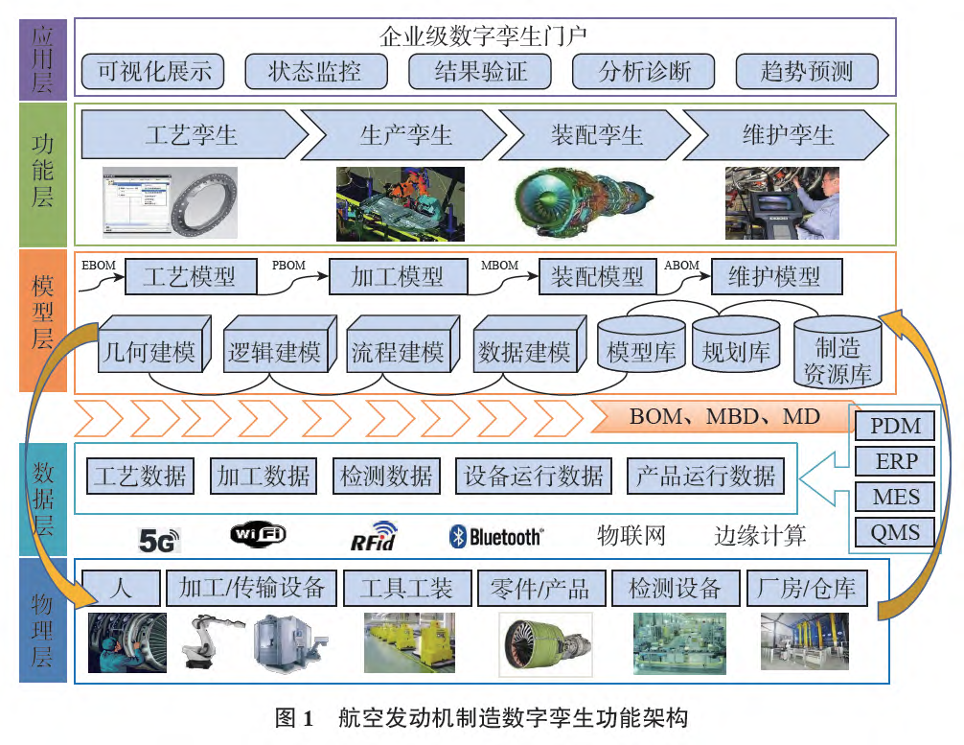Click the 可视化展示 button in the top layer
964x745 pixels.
(153, 71)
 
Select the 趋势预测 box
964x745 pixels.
(807, 71)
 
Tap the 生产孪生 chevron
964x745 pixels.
(406, 134)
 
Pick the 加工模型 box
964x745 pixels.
(397, 277)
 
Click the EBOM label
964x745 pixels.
(99, 265)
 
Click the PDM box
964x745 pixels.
(895, 426)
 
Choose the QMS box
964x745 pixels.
(895, 532)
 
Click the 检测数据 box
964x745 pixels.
(386, 476)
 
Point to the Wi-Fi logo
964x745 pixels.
(258, 535)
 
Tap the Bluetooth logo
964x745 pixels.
(495, 536)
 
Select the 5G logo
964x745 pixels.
(159, 540)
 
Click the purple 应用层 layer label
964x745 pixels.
(42, 58)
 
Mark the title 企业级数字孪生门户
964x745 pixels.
(483, 36)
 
